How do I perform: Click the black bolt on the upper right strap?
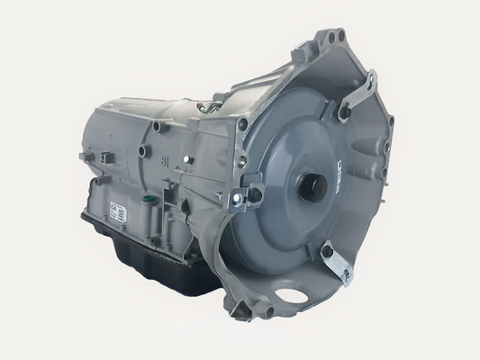coord(344,112)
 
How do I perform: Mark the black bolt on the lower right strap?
coord(326,252)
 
